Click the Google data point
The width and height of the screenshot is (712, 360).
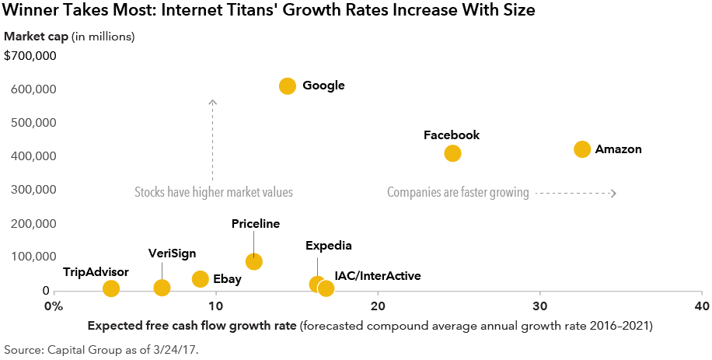coord(288,86)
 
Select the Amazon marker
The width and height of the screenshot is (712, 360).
coord(582,149)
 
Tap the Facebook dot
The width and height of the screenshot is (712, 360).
coord(452,153)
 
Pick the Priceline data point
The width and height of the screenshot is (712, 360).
coord(253,261)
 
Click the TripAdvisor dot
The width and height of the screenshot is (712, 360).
coord(111,288)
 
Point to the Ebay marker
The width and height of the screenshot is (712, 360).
coord(200,279)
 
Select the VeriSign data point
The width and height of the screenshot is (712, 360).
coord(162,288)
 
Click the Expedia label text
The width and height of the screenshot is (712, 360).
coord(329,246)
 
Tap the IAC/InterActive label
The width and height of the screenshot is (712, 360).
coord(378,276)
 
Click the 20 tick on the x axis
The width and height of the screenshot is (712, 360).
coord(378,306)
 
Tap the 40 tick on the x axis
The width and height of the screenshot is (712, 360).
coord(702,306)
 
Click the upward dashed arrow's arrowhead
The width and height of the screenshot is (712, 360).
coord(212,102)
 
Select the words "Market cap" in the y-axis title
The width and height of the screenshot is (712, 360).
coord(36,37)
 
